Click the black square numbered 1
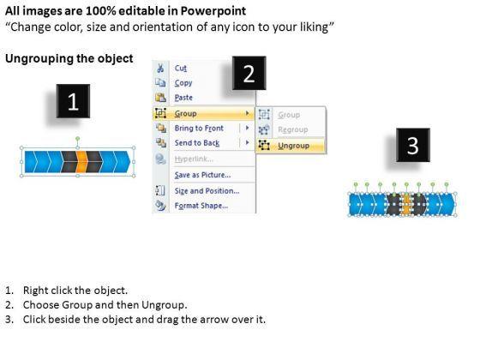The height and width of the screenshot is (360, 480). [x=73, y=101]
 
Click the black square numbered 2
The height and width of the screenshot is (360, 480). [x=249, y=73]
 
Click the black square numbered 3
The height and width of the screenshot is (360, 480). [x=413, y=145]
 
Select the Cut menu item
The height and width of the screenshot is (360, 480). [x=181, y=68]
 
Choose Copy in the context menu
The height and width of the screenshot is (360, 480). [x=183, y=82]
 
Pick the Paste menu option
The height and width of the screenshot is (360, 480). [x=183, y=98]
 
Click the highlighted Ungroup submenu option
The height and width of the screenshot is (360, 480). [x=293, y=146]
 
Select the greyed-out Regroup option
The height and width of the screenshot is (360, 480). [x=292, y=129]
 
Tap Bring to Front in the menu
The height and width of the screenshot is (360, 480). [x=199, y=128]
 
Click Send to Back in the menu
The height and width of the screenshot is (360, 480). [x=197, y=143]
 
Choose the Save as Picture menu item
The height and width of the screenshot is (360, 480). [x=202, y=175]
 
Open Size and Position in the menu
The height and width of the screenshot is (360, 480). [x=207, y=191]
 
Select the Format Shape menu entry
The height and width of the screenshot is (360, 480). [x=201, y=206]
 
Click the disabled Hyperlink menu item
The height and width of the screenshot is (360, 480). [x=194, y=159]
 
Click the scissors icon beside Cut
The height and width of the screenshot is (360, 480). [x=160, y=68]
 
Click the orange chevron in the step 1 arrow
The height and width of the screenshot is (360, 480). [x=81, y=162]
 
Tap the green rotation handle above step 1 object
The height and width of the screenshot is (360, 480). [x=78, y=139]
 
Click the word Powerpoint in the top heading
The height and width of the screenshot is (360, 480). [x=213, y=11]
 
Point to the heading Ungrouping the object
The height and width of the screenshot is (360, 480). [x=69, y=58]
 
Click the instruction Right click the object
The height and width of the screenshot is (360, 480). [x=75, y=291]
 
